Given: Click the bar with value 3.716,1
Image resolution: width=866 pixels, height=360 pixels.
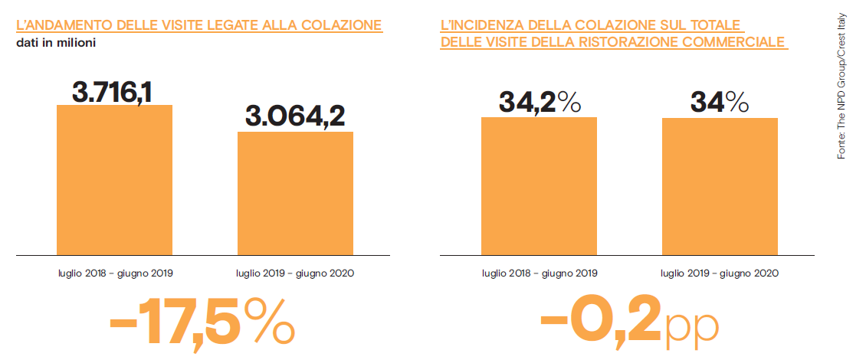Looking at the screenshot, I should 115,179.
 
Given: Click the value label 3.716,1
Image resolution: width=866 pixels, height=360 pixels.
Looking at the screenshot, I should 113,92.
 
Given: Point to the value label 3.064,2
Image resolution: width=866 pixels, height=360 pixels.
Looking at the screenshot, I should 295,116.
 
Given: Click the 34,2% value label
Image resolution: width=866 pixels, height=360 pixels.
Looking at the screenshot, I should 540,102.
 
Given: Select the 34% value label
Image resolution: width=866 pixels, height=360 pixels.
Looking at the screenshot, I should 720,102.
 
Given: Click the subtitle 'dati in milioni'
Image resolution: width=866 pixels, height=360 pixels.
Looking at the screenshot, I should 56,41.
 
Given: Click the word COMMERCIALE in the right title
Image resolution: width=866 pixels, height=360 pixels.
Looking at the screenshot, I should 733,42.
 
